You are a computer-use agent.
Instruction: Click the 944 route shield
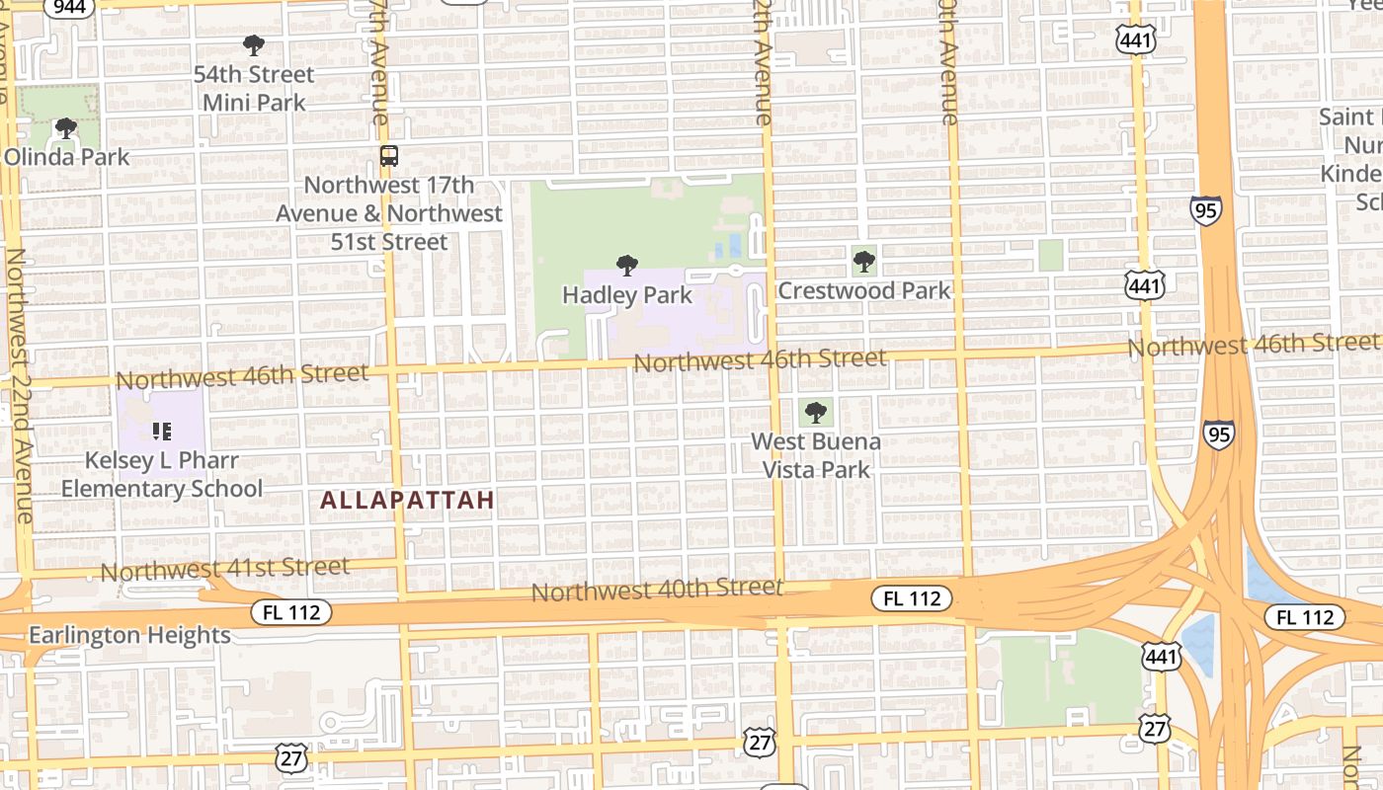[70, 7]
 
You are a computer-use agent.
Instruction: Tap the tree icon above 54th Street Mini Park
[254, 45]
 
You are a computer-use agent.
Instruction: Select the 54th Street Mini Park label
[254, 88]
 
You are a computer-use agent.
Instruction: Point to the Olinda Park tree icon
[66, 128]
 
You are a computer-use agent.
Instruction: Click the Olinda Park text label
[67, 156]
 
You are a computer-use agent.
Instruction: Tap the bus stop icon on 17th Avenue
[389, 155]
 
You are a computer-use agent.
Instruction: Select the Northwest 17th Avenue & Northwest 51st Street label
[389, 213]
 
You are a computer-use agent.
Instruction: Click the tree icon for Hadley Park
[626, 266]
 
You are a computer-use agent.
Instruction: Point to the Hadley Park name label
[627, 294]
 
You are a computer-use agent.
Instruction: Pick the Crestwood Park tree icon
[864, 262]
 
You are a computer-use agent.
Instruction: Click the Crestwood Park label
[864, 290]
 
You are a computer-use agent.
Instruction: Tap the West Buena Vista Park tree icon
[816, 413]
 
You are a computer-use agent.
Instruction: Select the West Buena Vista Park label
[816, 455]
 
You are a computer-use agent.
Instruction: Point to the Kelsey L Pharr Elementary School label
[162, 475]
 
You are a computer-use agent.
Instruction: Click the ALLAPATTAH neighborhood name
[407, 501]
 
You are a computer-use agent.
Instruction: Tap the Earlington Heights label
[129, 635]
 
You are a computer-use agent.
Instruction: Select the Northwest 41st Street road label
[225, 569]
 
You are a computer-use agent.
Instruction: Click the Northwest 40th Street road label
[657, 591]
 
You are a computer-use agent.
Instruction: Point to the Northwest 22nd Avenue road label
[19, 385]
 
